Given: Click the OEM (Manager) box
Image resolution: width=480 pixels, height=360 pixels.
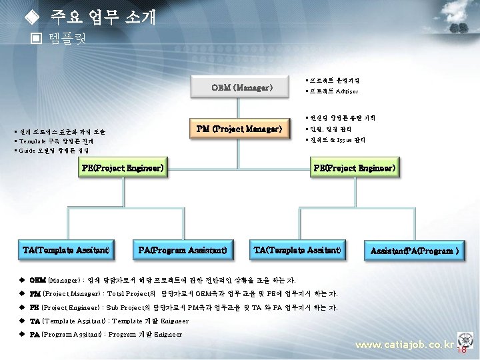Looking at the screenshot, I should pos(242,87).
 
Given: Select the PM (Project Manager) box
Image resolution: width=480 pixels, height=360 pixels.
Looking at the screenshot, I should pos(239,129).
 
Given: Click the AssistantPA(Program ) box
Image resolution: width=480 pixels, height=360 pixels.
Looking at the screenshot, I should pos(414,251).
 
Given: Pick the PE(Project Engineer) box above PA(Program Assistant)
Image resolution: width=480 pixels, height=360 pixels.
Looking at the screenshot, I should pos(123,169).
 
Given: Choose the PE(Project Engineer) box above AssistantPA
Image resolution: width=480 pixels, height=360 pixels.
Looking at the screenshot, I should pos(355,169).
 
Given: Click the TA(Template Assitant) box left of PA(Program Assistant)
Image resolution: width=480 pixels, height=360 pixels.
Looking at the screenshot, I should pos(66,251).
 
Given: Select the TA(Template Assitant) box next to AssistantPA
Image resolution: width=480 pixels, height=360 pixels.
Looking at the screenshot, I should pos(297,251).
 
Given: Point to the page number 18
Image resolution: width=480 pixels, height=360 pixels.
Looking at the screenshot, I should pos(461,350).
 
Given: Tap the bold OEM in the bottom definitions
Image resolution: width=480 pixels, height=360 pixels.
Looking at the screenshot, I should pos(37,280).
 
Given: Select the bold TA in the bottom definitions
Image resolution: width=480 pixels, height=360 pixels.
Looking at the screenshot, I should pos(35,321).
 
